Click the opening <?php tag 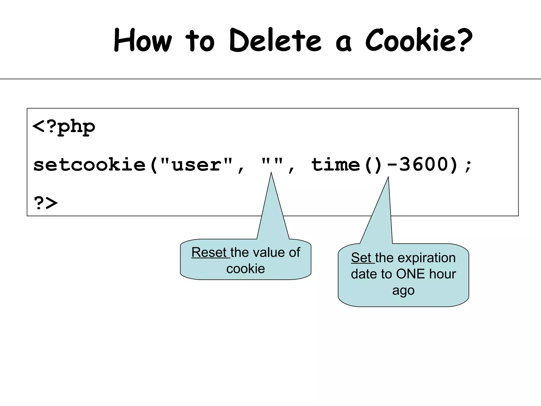click(63, 127)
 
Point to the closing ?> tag click(46, 203)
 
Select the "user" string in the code click(196, 165)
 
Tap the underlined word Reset click(209, 252)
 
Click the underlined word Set click(361, 257)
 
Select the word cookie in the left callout click(245, 269)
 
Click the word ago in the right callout click(403, 290)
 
